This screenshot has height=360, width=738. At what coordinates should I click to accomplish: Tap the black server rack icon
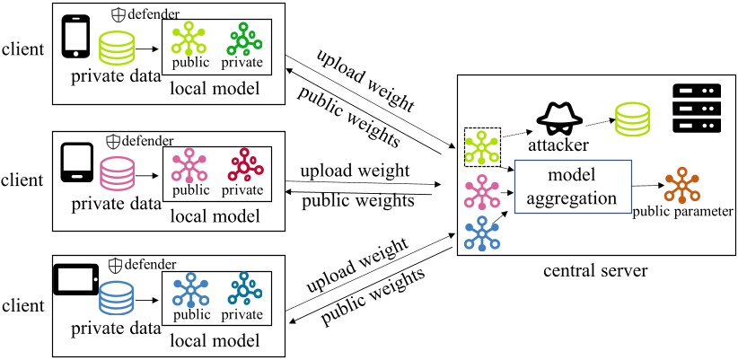[697, 109]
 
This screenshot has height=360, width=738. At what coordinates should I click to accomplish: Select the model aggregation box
[572, 187]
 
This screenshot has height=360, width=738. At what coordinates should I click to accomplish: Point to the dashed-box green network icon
[482, 146]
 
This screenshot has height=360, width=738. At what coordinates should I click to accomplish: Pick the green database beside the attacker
[631, 119]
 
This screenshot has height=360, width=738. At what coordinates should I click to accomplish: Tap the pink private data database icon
[118, 174]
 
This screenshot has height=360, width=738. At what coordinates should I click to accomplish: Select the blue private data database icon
[116, 298]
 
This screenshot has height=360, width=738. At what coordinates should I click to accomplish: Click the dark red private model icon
[245, 165]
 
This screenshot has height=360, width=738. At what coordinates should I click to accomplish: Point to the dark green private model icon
[244, 40]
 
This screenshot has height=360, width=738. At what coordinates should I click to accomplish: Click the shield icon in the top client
[118, 15]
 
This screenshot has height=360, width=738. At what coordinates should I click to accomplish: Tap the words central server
[595, 271]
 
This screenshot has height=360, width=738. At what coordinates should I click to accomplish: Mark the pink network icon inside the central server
[482, 191]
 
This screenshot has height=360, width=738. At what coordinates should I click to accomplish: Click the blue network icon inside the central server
[482, 233]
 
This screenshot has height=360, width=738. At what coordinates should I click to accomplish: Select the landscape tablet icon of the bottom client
[76, 279]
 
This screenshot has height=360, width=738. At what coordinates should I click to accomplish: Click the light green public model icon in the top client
[189, 38]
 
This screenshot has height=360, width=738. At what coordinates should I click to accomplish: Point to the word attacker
[558, 145]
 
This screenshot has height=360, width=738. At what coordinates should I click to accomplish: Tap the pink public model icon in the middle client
[189, 166]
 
